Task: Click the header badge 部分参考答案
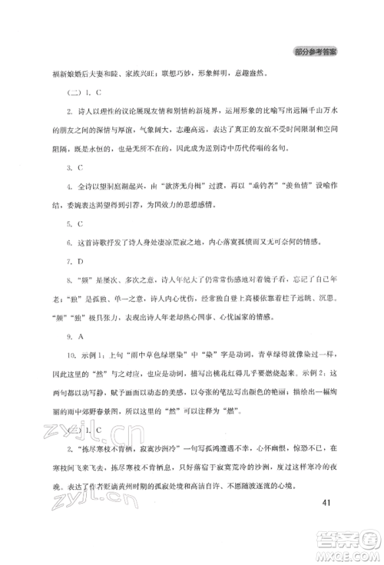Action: point(317,52)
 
